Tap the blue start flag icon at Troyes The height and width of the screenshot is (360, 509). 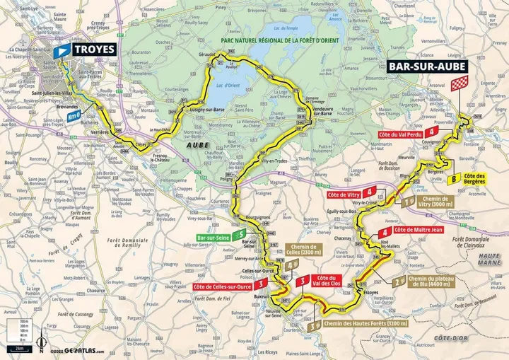(62, 50)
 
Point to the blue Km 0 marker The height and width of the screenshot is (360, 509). (74, 115)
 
